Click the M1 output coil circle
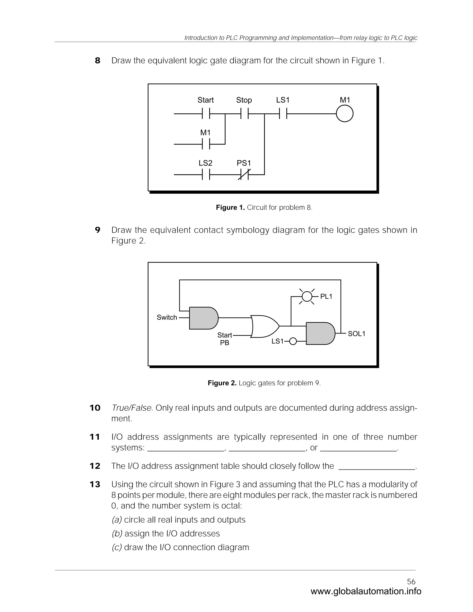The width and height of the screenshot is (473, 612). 344,113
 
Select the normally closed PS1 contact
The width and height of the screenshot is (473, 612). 244,175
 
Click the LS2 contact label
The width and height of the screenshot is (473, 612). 205,163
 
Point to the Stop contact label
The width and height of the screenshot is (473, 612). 244,100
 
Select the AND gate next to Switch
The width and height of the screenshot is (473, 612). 203,318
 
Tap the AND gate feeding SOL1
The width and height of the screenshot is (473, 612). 320,333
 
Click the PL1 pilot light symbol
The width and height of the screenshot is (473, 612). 307,297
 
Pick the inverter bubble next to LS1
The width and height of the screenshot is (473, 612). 293,341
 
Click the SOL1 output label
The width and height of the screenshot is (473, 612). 356,334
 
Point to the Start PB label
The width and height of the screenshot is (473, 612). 224,339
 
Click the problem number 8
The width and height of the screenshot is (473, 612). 97,61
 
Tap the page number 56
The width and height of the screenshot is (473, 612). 411,582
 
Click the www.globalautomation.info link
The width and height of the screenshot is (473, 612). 366,591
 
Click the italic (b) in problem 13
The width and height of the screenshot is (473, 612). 117,533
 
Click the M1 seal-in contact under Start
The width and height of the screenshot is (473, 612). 206,144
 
